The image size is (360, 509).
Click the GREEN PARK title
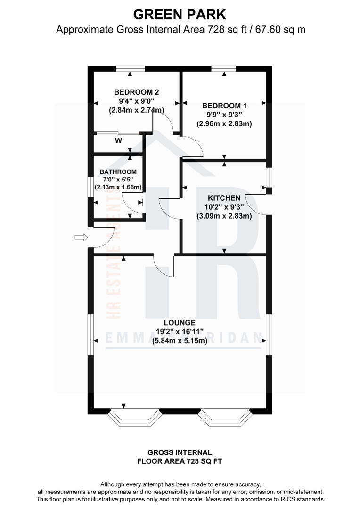point(180,14)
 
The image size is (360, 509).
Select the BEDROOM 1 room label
point(224,106)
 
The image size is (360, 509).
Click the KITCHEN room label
point(224,198)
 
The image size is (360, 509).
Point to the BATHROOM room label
point(118,172)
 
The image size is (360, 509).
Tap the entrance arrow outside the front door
point(81,238)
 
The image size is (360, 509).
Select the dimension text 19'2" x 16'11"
point(180,332)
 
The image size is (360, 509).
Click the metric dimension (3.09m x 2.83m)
point(224,216)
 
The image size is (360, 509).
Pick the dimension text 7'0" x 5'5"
point(118,180)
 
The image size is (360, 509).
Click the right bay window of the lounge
point(224,417)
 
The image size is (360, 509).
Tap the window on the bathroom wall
point(91,186)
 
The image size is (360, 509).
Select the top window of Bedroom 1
point(224,69)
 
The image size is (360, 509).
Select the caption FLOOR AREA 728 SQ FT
point(180,461)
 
